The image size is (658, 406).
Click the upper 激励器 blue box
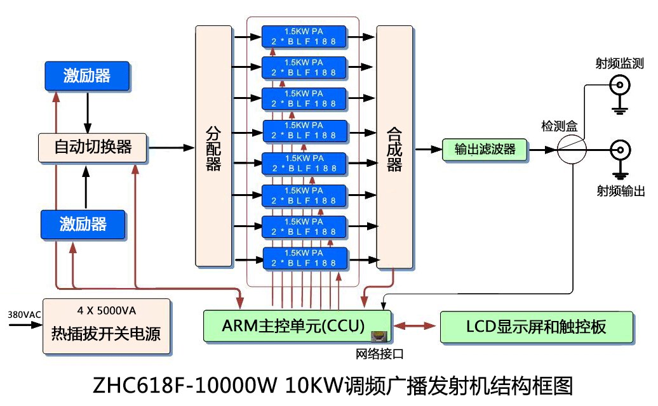click(87, 76)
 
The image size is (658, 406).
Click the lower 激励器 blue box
click(83, 223)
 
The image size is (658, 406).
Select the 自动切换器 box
click(93, 147)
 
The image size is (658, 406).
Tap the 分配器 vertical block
click(213, 147)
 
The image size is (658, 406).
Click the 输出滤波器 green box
click(485, 150)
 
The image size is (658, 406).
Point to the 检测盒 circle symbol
click(572, 150)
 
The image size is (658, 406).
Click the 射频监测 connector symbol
click(620, 84)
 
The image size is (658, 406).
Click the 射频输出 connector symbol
click(620, 150)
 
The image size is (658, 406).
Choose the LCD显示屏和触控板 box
click(537, 327)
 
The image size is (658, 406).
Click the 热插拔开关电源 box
click(106, 326)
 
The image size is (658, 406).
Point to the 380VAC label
click(23, 315)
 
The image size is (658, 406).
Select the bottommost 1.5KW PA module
click(305, 258)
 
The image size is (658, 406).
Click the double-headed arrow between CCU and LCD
click(414, 327)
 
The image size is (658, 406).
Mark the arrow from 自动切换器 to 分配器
click(171, 147)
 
